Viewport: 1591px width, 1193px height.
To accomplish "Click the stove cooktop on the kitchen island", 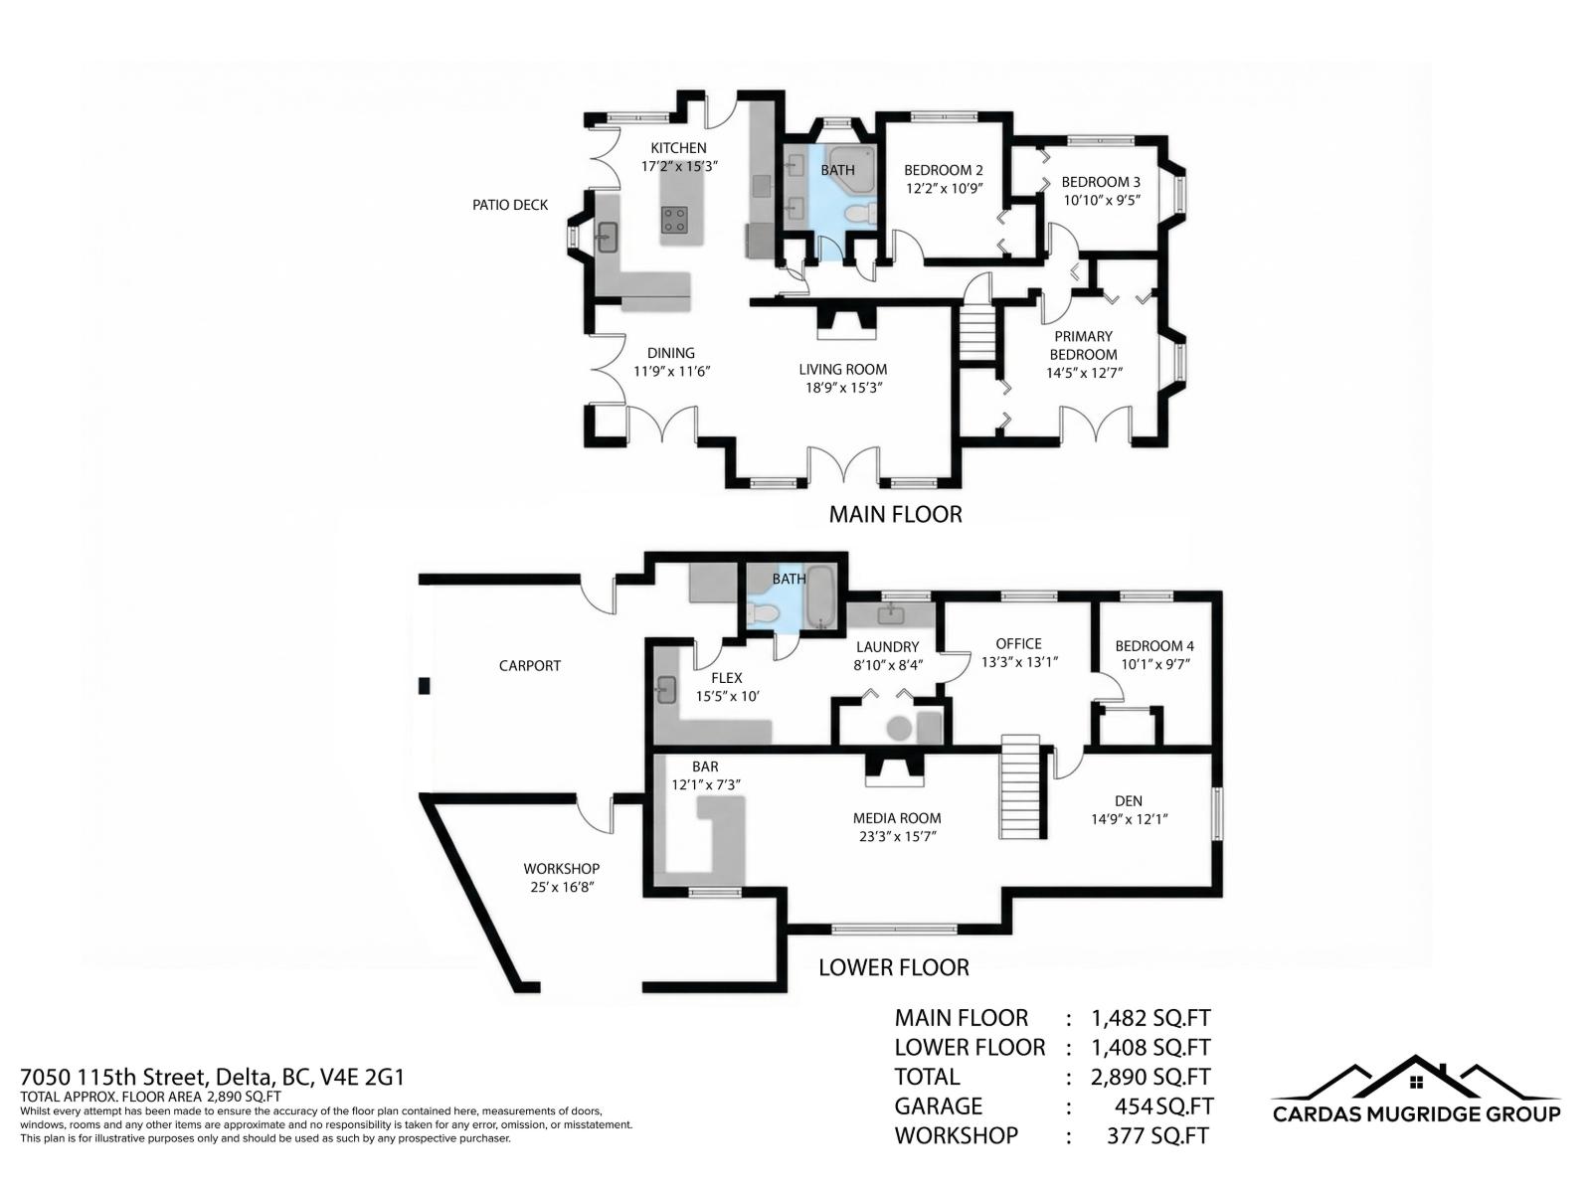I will coord(675,219).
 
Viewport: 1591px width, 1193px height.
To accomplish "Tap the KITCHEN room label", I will coord(679,148).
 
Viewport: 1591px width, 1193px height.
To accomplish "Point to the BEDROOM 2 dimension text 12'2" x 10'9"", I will coord(944,188).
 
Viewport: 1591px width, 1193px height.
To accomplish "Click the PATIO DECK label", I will coord(510,205).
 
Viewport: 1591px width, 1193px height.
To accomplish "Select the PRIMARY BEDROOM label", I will coord(1083,345).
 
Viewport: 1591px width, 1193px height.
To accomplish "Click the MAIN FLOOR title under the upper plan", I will coord(895,514).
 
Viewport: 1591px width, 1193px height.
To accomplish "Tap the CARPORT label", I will coord(530,666).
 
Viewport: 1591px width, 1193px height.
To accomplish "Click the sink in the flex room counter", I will coord(666,688).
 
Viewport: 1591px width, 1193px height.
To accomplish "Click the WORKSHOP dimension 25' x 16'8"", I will coord(562,887).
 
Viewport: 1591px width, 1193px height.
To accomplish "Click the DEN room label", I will coord(1129,800).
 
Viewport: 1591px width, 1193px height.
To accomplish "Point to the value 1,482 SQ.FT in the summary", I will coord(1150,1018).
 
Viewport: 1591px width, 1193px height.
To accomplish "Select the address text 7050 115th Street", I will coord(112,1077).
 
